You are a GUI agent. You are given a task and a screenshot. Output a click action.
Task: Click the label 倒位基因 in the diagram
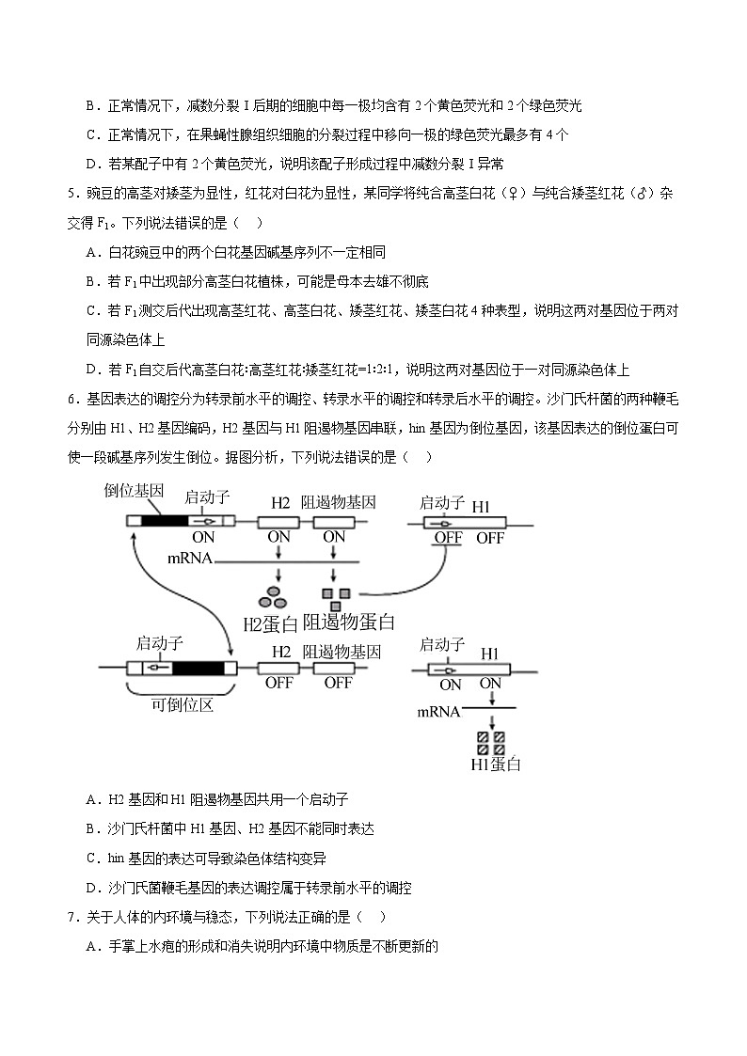pos(135,491)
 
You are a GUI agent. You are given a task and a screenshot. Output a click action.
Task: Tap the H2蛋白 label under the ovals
pos(270,623)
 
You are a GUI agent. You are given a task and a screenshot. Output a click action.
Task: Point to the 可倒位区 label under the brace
pos(182,704)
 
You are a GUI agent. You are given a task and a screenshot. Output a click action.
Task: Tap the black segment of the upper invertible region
pos(166,519)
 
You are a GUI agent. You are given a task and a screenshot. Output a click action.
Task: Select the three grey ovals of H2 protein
pos(274,596)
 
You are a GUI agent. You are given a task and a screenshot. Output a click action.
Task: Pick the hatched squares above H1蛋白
pos(490,743)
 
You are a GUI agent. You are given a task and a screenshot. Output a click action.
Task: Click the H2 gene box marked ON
pos(279,519)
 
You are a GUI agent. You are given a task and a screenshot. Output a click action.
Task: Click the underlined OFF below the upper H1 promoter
pos(448,539)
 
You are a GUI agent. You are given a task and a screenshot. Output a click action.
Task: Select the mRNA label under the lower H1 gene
pos(438,712)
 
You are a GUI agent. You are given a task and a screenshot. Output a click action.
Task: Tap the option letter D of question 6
pos(92,888)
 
